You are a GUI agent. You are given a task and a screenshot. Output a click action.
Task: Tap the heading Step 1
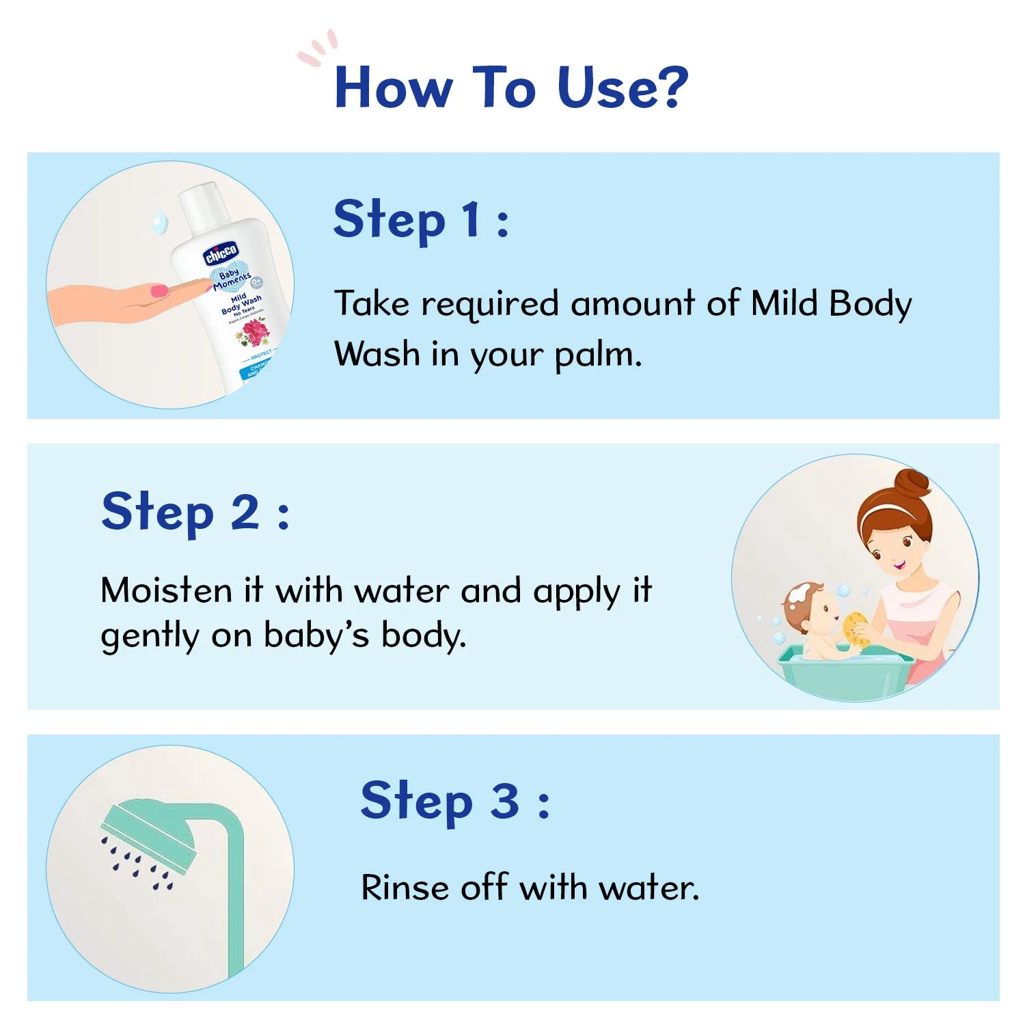point(420,220)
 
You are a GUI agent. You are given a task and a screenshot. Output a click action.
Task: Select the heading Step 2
point(195,512)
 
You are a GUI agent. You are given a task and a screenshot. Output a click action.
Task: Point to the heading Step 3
point(454,801)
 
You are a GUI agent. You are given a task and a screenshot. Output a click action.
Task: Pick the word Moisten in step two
point(166,590)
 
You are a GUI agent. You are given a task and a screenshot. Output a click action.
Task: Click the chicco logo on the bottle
point(220,254)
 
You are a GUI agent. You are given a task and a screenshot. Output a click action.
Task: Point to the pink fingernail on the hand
point(159,290)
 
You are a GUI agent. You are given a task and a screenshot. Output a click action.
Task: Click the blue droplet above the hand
point(160,221)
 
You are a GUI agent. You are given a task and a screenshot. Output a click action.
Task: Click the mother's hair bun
point(913,484)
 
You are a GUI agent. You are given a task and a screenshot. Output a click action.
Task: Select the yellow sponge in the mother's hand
point(856,629)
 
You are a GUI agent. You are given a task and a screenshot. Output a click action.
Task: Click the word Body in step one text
point(869,304)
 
